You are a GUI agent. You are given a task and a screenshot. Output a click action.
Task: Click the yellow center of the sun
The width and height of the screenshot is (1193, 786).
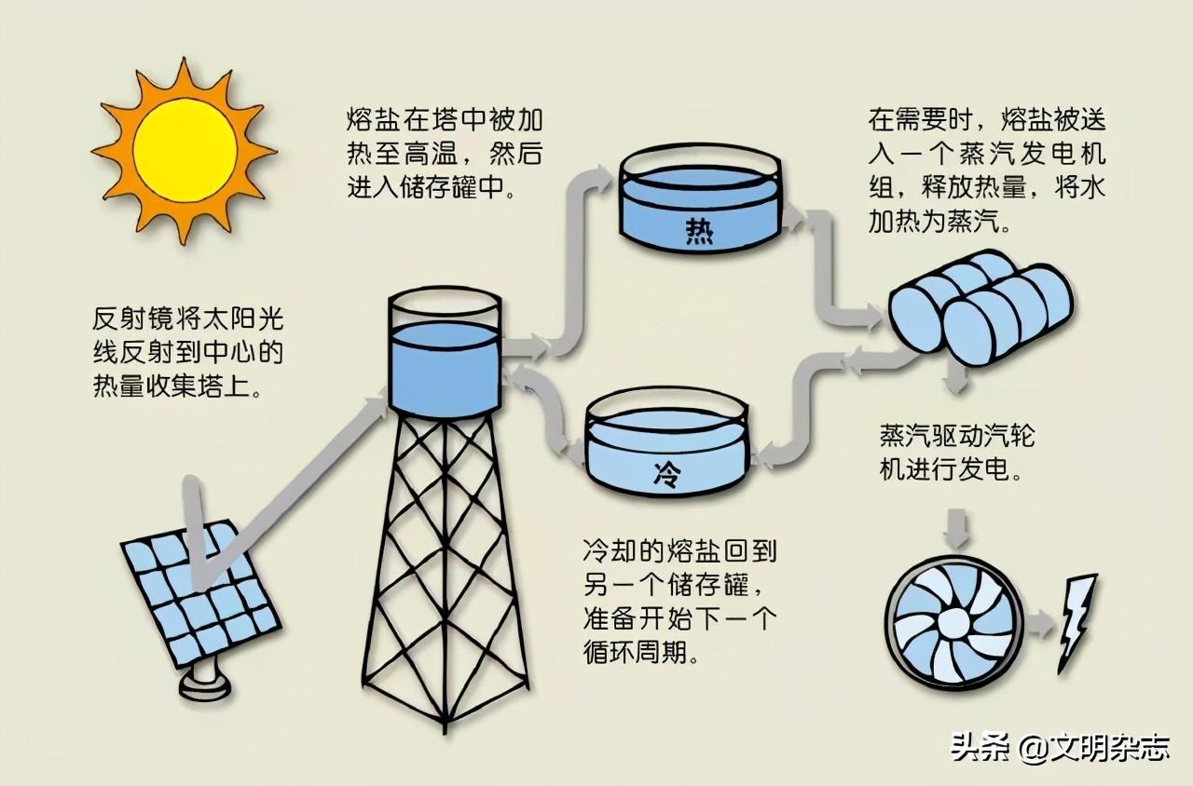185,150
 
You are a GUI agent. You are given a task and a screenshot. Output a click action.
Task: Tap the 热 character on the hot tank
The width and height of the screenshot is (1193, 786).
699,231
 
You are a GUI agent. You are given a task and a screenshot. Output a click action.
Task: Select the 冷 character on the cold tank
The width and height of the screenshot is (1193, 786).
667,474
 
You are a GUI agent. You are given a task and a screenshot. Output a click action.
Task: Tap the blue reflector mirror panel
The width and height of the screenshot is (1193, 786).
200,593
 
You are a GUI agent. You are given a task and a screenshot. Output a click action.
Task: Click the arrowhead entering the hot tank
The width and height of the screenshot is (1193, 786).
605,179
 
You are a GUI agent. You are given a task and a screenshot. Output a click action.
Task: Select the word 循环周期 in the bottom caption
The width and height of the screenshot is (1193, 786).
635,650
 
